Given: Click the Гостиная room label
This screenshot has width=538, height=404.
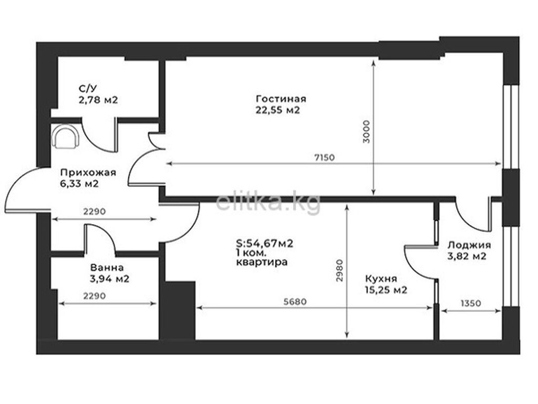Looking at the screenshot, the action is click(x=281, y=99).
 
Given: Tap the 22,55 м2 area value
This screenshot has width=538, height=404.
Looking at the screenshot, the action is click(x=277, y=110).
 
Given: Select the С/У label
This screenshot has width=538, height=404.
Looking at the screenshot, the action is click(x=88, y=88).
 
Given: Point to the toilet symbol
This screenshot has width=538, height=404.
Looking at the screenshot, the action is click(x=66, y=136).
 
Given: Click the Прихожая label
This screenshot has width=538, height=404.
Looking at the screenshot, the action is click(x=88, y=173).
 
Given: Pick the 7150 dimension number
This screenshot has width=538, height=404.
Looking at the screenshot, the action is click(x=324, y=158).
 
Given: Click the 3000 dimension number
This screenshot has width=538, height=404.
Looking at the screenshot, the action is click(x=367, y=132).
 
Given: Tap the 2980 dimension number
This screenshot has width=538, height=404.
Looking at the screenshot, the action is click(x=339, y=270).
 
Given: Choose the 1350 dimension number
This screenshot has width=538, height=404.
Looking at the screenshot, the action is click(x=471, y=304).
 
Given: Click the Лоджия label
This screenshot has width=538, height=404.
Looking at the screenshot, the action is click(x=469, y=245).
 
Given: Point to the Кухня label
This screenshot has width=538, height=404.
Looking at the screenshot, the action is click(x=381, y=279).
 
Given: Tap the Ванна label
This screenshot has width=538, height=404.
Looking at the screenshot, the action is click(x=107, y=267).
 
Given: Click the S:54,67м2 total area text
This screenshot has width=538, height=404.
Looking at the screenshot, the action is click(x=265, y=244).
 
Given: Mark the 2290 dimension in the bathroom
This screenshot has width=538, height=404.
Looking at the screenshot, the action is click(x=95, y=296).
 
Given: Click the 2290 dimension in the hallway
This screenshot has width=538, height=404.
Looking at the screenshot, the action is click(x=95, y=211).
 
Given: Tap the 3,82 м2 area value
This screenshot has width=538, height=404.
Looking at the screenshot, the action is click(x=467, y=256).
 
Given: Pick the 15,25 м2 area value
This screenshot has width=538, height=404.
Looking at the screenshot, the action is click(x=386, y=290).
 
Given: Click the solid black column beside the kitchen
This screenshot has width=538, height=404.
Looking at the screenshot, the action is click(x=178, y=311).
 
